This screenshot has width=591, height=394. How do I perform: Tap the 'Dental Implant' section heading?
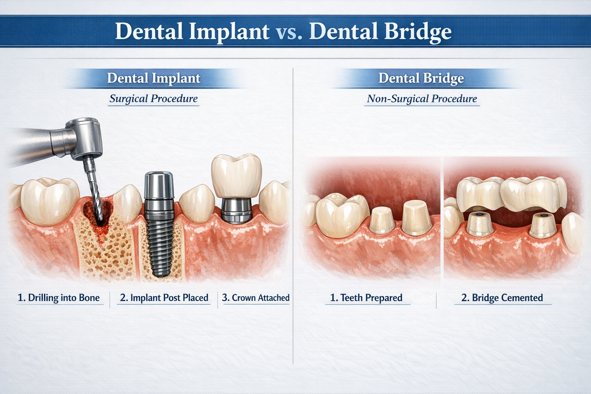[154, 78]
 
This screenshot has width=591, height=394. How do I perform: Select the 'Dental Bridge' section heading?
[421, 78]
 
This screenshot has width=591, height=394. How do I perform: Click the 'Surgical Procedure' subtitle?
[154, 98]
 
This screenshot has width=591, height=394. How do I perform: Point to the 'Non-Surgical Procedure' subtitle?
[422, 98]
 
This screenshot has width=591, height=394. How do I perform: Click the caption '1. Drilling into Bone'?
[58, 298]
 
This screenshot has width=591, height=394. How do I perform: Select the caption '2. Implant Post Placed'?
[164, 298]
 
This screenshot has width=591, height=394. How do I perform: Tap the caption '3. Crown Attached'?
[255, 298]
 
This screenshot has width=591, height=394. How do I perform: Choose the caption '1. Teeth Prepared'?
[366, 298]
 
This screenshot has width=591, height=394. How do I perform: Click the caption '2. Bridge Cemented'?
[502, 298]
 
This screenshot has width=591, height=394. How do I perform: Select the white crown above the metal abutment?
[236, 175]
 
